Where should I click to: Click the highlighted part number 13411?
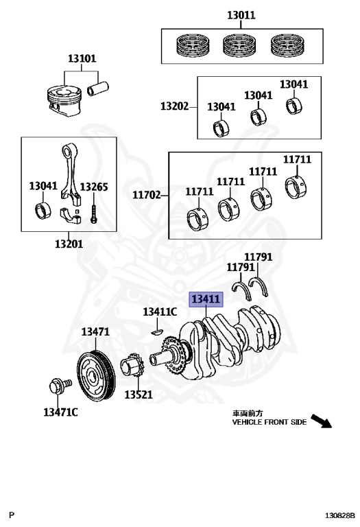[206, 299]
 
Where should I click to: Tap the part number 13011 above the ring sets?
[241, 15]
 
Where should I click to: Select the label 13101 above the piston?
[82, 58]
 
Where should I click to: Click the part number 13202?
[175, 106]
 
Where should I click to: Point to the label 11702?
[147, 195]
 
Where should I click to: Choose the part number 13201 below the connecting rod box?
[69, 244]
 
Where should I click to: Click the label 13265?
[94, 187]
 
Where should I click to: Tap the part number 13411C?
[160, 312]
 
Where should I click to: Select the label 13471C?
[60, 412]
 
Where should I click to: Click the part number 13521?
[139, 395]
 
